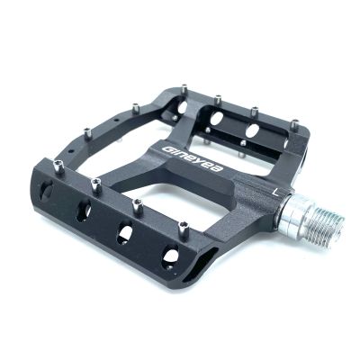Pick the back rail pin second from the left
click(219, 98)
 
